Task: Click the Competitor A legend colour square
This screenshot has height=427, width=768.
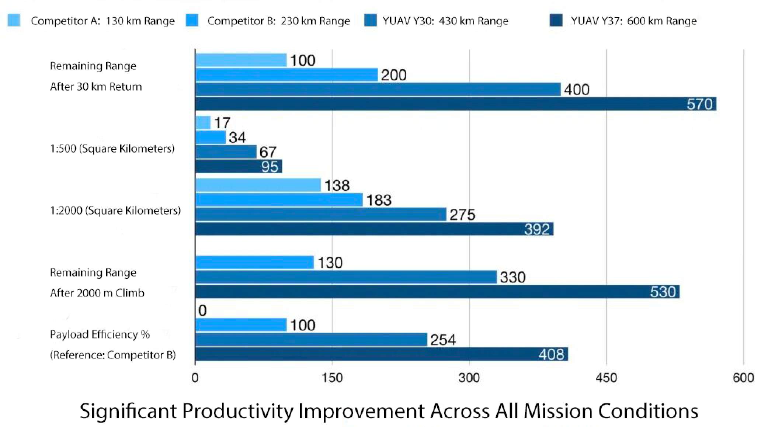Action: [14, 20]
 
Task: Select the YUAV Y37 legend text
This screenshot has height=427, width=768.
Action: [633, 21]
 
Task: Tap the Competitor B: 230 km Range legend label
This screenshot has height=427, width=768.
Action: [278, 21]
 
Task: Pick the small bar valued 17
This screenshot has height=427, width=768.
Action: [203, 122]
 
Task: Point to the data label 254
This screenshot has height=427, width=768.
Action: [443, 340]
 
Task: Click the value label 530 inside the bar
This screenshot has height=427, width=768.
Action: [663, 292]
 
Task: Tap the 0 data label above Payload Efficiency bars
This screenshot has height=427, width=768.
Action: [202, 310]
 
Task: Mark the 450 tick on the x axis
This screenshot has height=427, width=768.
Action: [606, 378]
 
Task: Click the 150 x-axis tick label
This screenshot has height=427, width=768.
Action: [332, 378]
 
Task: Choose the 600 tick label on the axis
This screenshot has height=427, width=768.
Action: [743, 378]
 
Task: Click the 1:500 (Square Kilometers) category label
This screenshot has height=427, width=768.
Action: [112, 149]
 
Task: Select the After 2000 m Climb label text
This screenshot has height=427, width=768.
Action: [97, 293]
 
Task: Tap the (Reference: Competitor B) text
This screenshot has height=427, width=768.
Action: [112, 355]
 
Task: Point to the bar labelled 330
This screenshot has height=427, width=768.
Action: [346, 277]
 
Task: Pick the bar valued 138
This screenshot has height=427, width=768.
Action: [258, 185]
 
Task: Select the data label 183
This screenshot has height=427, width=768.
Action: [379, 200]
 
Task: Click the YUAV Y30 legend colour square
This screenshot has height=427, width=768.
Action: [370, 20]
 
